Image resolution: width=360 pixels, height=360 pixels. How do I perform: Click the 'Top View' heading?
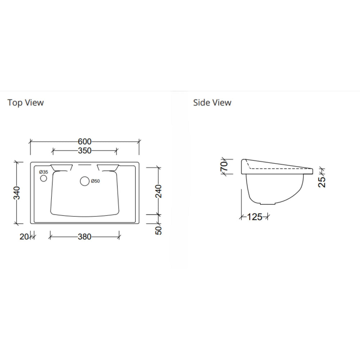point(26,103)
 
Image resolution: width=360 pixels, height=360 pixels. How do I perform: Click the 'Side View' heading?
point(212,103)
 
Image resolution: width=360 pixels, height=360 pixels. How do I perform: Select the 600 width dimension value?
point(85,141)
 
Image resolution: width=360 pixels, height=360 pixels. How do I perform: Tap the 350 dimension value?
point(85,150)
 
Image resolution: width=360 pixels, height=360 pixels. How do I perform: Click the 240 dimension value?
point(158,191)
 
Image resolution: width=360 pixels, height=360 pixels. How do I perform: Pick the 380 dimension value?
point(85,237)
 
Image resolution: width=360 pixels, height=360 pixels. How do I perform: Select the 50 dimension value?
point(158,229)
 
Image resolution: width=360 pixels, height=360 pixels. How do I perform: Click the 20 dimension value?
point(24,237)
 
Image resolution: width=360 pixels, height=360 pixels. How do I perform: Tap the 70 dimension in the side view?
point(224,166)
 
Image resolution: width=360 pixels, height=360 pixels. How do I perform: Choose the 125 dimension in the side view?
point(255,217)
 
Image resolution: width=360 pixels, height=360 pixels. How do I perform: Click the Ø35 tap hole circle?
point(44,178)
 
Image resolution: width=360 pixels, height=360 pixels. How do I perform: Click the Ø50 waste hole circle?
point(85,181)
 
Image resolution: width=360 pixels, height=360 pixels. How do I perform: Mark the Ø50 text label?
point(95,181)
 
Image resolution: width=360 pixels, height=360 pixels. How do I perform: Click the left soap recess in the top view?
point(62,167)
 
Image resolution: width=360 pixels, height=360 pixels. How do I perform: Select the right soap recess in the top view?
point(108,167)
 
